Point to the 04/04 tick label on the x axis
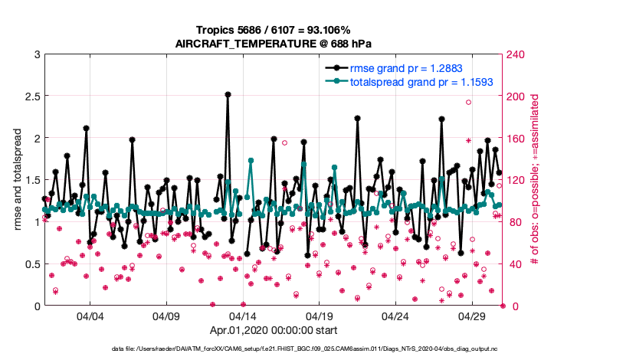coord(90,316)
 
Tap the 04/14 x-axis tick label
coord(242,316)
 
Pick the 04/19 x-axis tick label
coord(319,316)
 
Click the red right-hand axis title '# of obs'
coord(536,180)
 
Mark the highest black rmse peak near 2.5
coord(228,94)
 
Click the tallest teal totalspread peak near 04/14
coord(251,161)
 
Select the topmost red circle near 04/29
coord(468,102)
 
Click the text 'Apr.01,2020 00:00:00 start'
coord(274,331)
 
